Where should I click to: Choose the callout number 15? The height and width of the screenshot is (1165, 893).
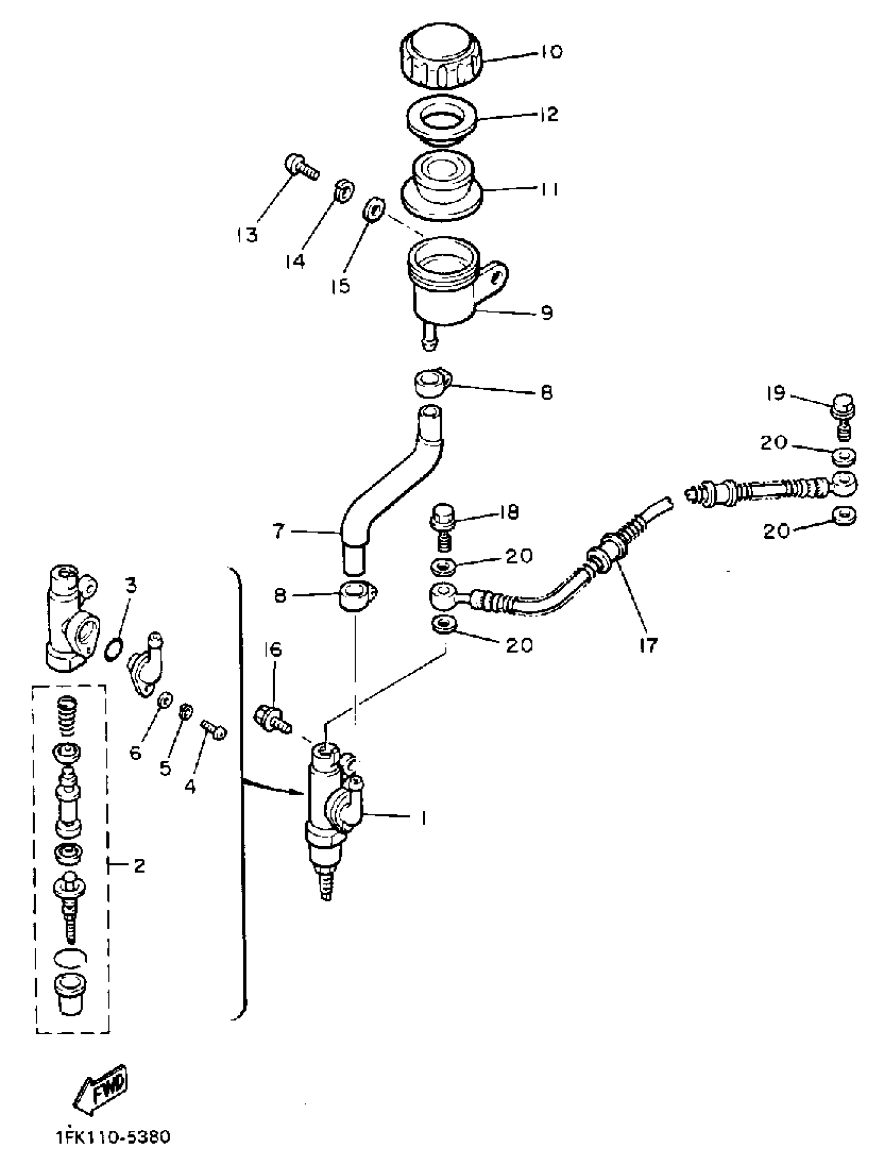342,285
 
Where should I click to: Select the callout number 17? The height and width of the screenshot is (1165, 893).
649,644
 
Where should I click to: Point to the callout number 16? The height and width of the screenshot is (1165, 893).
274,649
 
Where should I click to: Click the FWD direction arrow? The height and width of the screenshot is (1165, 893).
102,1096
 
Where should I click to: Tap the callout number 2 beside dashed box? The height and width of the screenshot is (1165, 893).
139,866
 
